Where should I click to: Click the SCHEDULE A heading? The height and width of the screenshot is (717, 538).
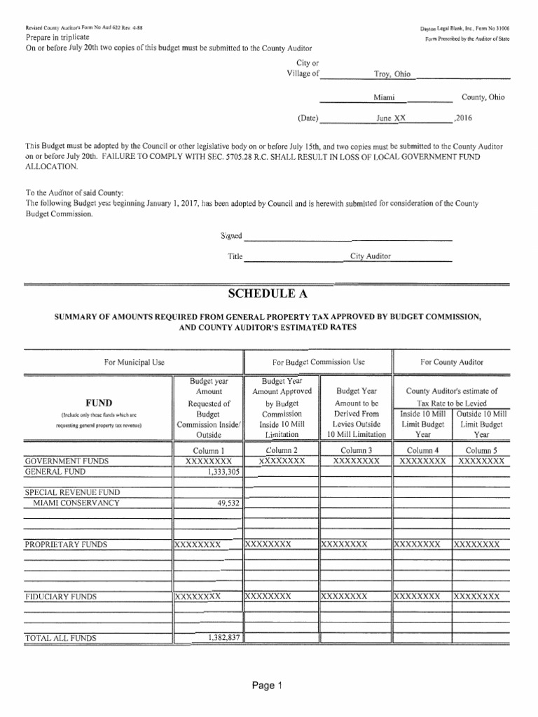[x=269, y=293]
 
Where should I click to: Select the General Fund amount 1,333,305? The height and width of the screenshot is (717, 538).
[x=223, y=473]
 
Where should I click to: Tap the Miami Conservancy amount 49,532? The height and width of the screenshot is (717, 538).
[x=228, y=503]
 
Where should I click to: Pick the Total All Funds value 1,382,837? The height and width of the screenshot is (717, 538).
[x=223, y=638]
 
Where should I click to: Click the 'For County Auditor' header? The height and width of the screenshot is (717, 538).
[x=451, y=362]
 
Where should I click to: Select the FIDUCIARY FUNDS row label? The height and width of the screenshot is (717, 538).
[x=60, y=597]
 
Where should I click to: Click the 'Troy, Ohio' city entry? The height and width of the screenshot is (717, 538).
[x=392, y=74]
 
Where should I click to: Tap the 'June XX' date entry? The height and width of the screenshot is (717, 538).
[x=390, y=118]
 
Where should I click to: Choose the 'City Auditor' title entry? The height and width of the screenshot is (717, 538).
[x=371, y=257]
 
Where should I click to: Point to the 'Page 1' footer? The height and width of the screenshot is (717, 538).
[x=269, y=686]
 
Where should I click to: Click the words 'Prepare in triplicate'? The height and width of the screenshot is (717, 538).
[x=57, y=36]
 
